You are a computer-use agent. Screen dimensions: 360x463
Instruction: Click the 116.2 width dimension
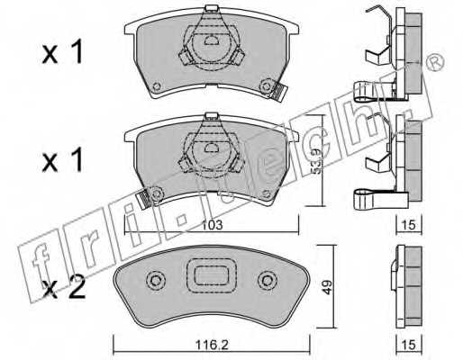point(210,342)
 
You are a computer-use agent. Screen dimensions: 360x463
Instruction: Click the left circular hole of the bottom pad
point(154,282)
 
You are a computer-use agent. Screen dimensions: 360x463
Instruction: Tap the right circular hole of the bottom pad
point(266,282)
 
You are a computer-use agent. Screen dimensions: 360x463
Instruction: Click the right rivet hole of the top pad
point(266,86)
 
